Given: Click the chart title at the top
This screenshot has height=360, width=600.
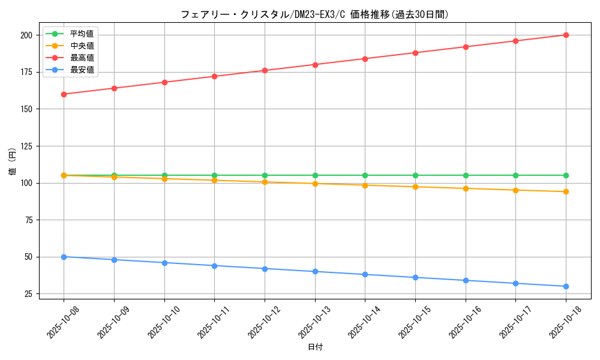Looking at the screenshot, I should tap(314, 14).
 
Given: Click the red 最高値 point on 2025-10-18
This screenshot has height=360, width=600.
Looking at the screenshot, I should tap(566, 35).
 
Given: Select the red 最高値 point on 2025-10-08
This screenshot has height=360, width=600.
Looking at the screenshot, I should tap(64, 94).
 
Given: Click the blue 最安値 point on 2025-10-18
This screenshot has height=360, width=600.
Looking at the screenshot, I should tap(566, 286).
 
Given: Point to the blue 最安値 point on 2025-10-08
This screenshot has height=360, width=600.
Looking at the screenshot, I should tap(64, 257).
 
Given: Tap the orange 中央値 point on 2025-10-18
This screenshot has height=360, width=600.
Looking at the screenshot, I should tap(566, 192).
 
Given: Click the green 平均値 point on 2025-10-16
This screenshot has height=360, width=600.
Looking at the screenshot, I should tap(466, 175).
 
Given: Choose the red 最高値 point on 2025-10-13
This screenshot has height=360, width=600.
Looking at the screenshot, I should tap(315, 65).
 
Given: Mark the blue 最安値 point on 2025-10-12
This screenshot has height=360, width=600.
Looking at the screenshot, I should tap(265, 269).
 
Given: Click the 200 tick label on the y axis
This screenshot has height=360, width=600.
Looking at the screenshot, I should tap(25, 35).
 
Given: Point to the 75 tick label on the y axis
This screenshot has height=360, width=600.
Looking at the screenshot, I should tap(28, 220).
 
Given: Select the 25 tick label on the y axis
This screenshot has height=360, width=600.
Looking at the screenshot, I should tap(28, 294).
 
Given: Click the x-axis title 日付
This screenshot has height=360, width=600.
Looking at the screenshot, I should tap(315, 347).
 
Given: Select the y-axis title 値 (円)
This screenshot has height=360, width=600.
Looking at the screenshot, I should tap(12, 161).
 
